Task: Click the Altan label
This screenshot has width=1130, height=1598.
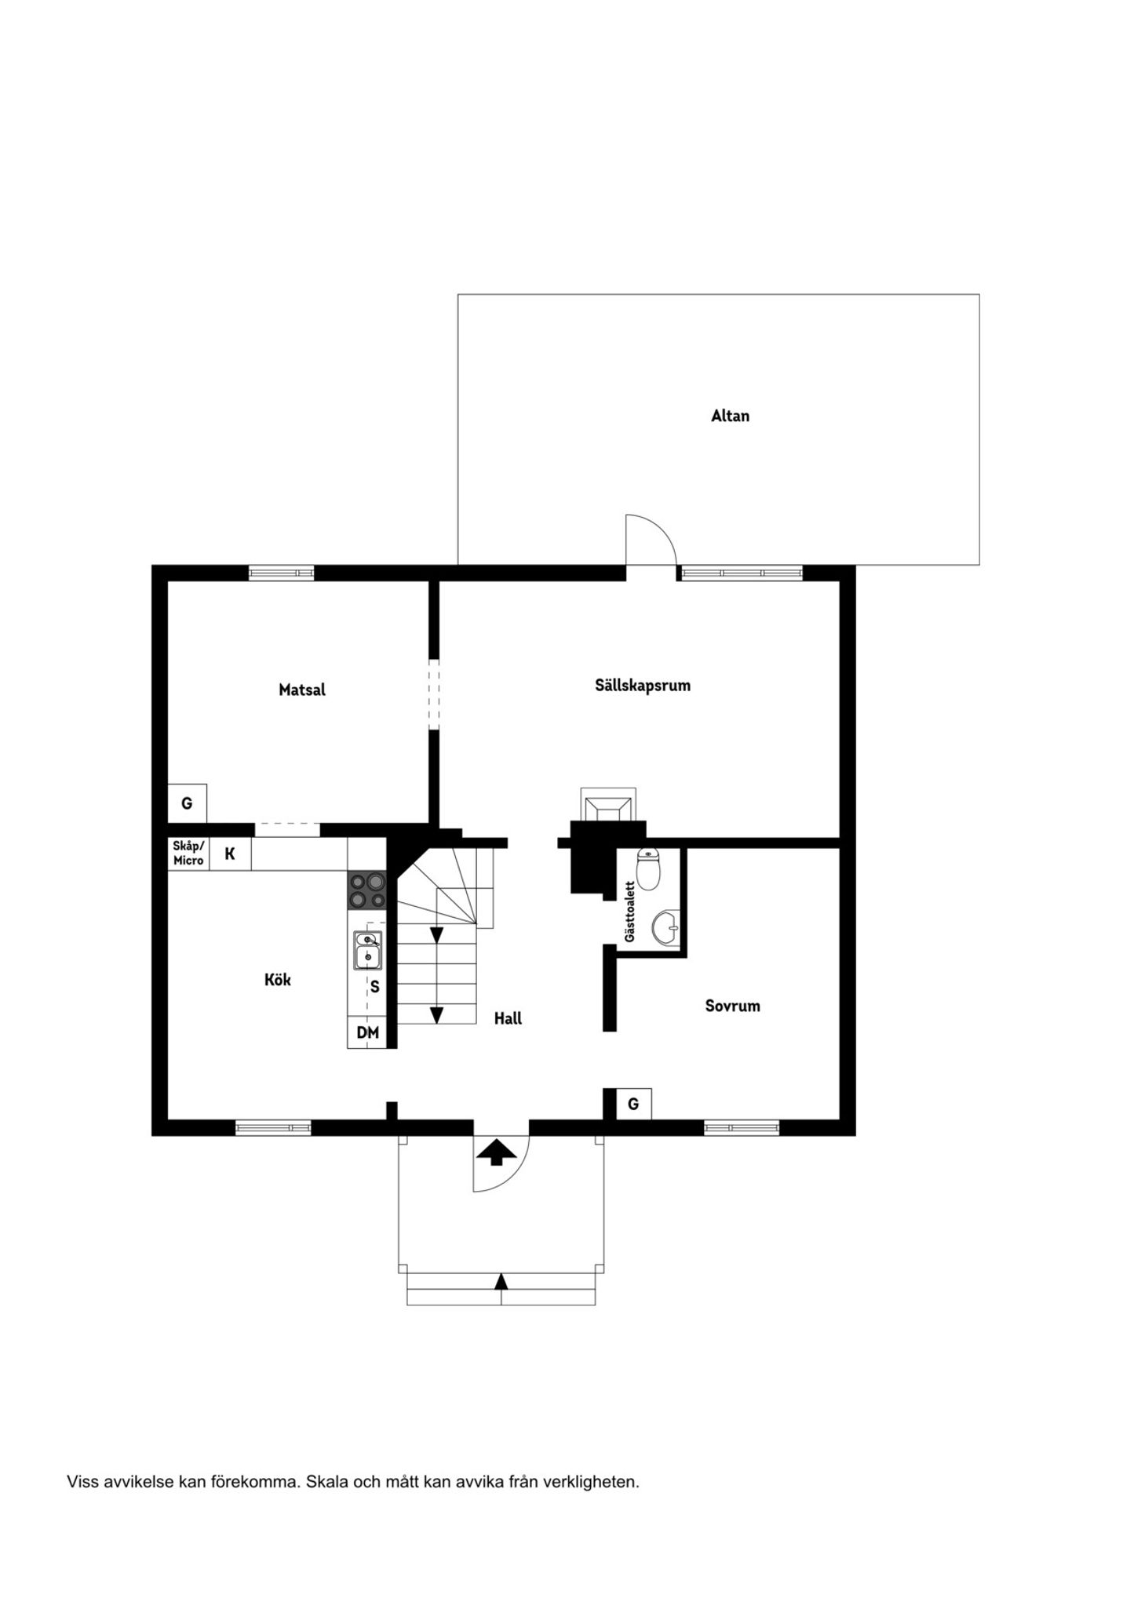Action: pos(730,416)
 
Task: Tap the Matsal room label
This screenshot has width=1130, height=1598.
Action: pos(302,690)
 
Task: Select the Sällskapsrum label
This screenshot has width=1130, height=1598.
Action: pos(643,686)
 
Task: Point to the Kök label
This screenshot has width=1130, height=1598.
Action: pos(278,980)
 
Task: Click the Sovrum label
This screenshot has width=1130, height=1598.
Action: pos(732,1006)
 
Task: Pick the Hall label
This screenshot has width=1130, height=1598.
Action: pos(508,1018)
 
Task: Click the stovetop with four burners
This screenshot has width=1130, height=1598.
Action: pos(367,890)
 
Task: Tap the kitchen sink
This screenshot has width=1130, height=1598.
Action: pos(367,950)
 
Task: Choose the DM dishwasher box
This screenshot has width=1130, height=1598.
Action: pos(367,1032)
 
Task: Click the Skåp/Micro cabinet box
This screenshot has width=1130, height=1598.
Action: pos(188,854)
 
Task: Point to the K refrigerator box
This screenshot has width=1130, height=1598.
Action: pos(230,854)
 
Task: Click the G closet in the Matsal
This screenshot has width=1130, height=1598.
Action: pos(187,803)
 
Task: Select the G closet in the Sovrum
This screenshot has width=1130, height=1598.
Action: pos(633,1104)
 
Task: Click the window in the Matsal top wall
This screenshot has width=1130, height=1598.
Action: pos(282,573)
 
